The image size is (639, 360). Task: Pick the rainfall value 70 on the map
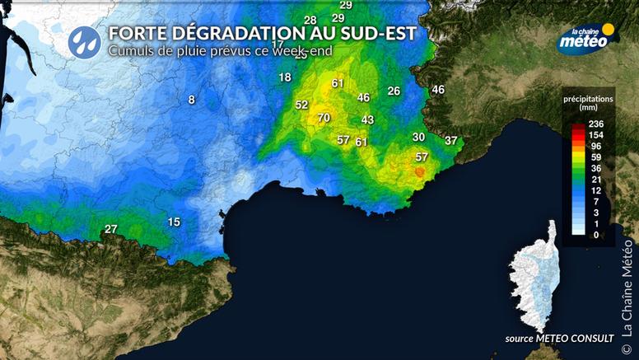[324, 119]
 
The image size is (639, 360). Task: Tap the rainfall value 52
[301, 105]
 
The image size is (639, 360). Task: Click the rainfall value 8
[192, 100]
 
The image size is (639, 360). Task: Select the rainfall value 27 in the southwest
[111, 229]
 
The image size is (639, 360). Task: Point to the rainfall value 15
[174, 222]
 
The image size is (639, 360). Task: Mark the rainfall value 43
[368, 120]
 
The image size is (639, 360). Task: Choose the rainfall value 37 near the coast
[451, 141]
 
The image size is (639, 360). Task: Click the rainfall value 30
[419, 137]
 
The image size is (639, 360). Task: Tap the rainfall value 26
[394, 91]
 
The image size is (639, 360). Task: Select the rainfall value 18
[285, 77]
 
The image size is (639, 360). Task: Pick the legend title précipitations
[588, 98]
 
